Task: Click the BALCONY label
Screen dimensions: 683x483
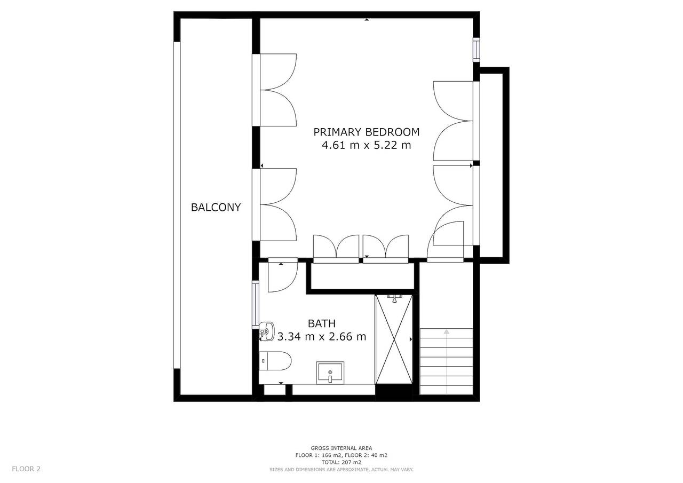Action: pos(216,208)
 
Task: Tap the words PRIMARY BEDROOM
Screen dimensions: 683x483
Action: pos(366,132)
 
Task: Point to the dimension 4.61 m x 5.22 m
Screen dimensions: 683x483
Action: pos(366,145)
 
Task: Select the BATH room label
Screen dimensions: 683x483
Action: pos(321,323)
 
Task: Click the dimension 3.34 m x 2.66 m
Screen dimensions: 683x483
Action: pos(321,337)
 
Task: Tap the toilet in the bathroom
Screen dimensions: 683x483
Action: pos(275,361)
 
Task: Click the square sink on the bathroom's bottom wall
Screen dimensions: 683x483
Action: pos(330,373)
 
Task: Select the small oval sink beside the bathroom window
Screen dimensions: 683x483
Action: pos(267,331)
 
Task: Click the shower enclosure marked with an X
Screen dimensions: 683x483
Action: pos(394,339)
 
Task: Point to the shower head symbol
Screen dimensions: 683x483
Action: pos(394,299)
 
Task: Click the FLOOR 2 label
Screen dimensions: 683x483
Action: pos(26,469)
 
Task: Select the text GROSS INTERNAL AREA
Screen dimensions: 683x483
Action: pos(341,448)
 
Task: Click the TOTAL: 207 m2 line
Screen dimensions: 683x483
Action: pos(341,462)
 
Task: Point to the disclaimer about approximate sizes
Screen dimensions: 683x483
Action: pos(341,470)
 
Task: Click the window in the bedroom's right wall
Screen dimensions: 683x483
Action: pos(476,50)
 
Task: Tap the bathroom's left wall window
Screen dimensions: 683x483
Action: pos(256,305)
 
